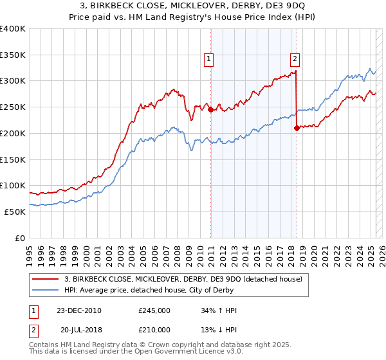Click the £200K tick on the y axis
12,133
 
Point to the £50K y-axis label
15,212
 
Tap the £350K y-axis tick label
12,55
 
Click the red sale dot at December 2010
210,109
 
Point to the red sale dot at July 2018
297,128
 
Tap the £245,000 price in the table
154,310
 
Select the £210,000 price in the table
154,328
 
